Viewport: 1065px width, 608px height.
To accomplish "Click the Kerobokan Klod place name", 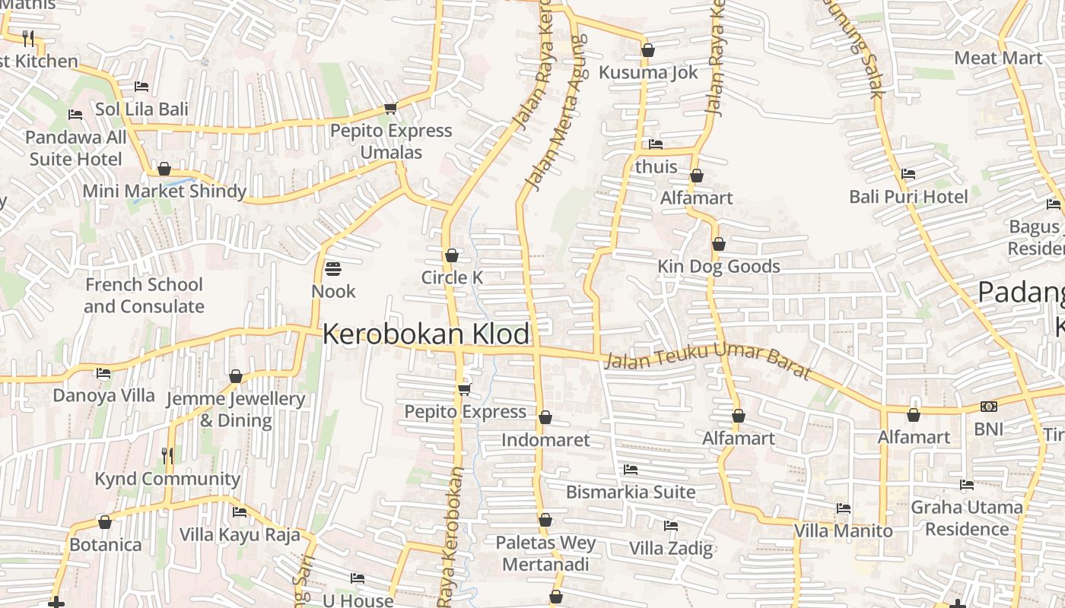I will pos(426,334).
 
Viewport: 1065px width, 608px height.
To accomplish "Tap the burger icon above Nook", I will pos(333,268).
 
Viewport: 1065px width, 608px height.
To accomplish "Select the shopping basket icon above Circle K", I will pos(452,255).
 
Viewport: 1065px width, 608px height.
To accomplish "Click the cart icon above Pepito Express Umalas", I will pos(390,109).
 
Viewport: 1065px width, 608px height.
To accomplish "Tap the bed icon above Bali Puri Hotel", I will pos(908,174).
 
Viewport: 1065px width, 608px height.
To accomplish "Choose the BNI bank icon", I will pos(989,407).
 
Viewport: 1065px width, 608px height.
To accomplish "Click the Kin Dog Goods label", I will pos(719,267).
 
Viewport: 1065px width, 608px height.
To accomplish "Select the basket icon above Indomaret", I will pos(545,418).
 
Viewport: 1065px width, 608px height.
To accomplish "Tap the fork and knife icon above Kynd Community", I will pos(167,456).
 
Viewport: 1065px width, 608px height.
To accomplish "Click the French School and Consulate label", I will pos(144,296).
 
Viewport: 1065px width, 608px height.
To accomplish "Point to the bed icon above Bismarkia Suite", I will pos(630,470).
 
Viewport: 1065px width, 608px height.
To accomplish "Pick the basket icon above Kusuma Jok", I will pos(648,51).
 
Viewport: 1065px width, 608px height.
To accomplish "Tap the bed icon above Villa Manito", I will pos(843,508).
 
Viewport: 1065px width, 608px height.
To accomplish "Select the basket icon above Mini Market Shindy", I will pos(164,169).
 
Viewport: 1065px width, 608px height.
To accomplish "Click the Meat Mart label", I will pos(997,58).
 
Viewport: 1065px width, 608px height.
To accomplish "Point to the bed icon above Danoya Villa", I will pos(103,373).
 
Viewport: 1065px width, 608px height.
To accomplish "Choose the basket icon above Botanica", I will pos(105,523).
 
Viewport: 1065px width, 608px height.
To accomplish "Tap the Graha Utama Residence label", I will pos(966,518).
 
